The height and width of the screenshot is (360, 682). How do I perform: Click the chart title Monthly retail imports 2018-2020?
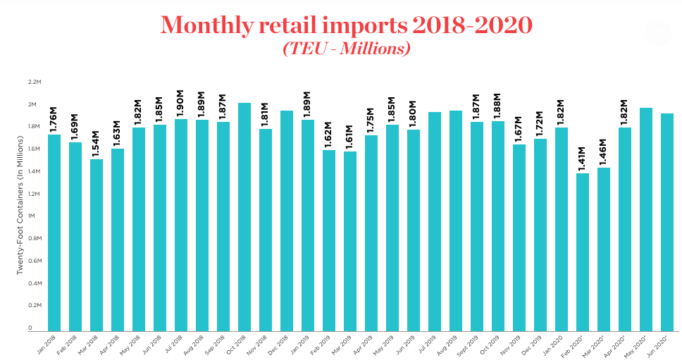(x=345, y=26)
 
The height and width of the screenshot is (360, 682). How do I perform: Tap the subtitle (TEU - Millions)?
(x=346, y=49)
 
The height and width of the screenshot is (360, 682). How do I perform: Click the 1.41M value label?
(x=582, y=159)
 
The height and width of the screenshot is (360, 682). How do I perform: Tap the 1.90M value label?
(x=180, y=104)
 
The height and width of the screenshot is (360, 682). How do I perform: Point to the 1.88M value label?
(x=497, y=106)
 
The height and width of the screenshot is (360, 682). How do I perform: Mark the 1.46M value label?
(x=603, y=153)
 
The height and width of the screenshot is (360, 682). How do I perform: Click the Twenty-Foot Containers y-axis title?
(x=20, y=206)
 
